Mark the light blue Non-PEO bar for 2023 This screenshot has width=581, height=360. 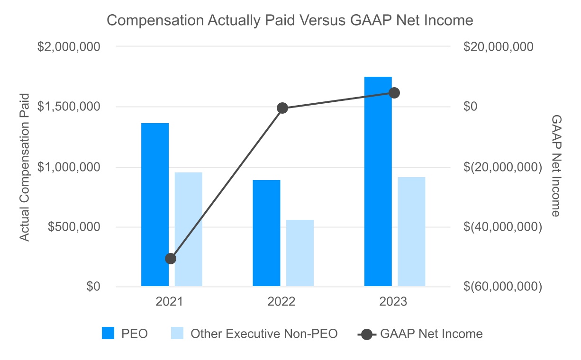tap(411, 232)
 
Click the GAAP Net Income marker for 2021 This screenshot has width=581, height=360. tap(171, 259)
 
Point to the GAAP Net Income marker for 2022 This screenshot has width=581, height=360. tap(282, 108)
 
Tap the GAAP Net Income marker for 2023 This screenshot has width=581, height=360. tap(394, 93)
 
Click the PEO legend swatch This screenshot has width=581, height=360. tap(109, 333)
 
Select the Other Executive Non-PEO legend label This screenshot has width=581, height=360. tap(264, 333)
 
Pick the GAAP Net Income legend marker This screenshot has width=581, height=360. tap(366, 334)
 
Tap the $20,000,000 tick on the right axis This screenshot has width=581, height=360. tap(499, 47)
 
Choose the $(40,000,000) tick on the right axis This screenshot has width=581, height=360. tap(503, 227)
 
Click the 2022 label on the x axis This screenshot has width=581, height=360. tap(282, 302)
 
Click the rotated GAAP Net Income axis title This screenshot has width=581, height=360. tap(555, 166)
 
